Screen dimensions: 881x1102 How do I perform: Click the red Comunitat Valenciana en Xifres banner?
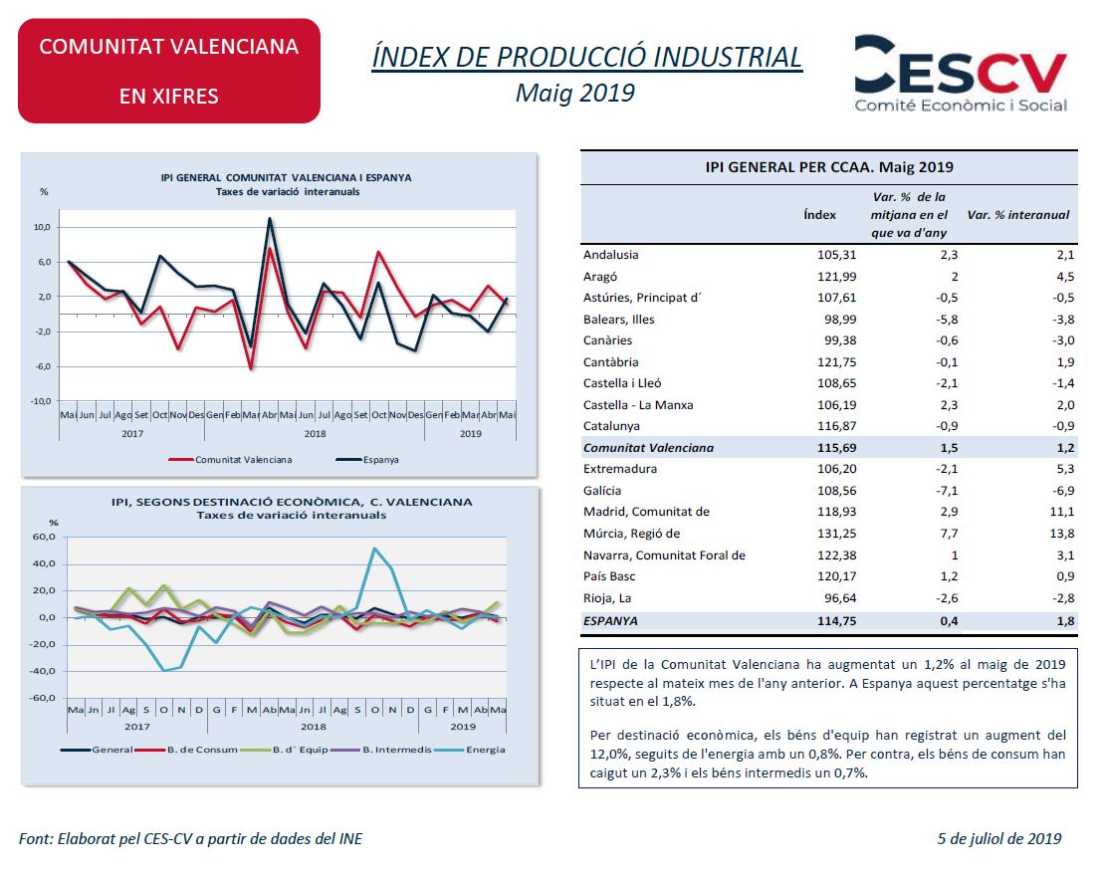tap(169, 71)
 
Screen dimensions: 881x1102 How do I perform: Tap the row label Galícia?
tap(602, 490)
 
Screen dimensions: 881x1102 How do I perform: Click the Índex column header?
tap(819, 214)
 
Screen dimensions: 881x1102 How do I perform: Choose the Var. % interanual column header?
tap(1017, 214)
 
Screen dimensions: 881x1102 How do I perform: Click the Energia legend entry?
tap(485, 750)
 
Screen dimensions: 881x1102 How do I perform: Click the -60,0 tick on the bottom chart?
tap(42, 698)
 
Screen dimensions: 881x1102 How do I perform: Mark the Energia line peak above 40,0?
tap(374, 549)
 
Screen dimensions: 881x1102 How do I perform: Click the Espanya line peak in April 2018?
tap(270, 219)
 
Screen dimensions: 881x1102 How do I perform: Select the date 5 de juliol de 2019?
tap(998, 838)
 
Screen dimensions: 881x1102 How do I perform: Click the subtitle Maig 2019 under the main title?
tap(574, 94)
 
